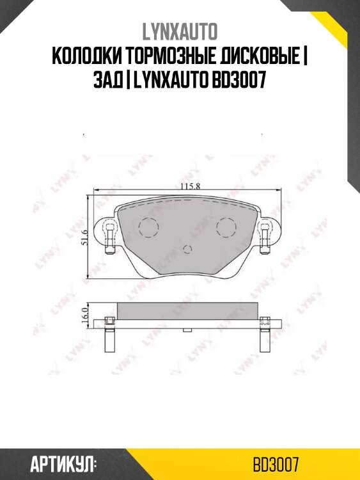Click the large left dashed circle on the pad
148,227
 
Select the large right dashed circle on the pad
226,227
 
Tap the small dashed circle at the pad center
187,250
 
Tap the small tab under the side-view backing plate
187,330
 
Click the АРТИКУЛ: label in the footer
63,463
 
